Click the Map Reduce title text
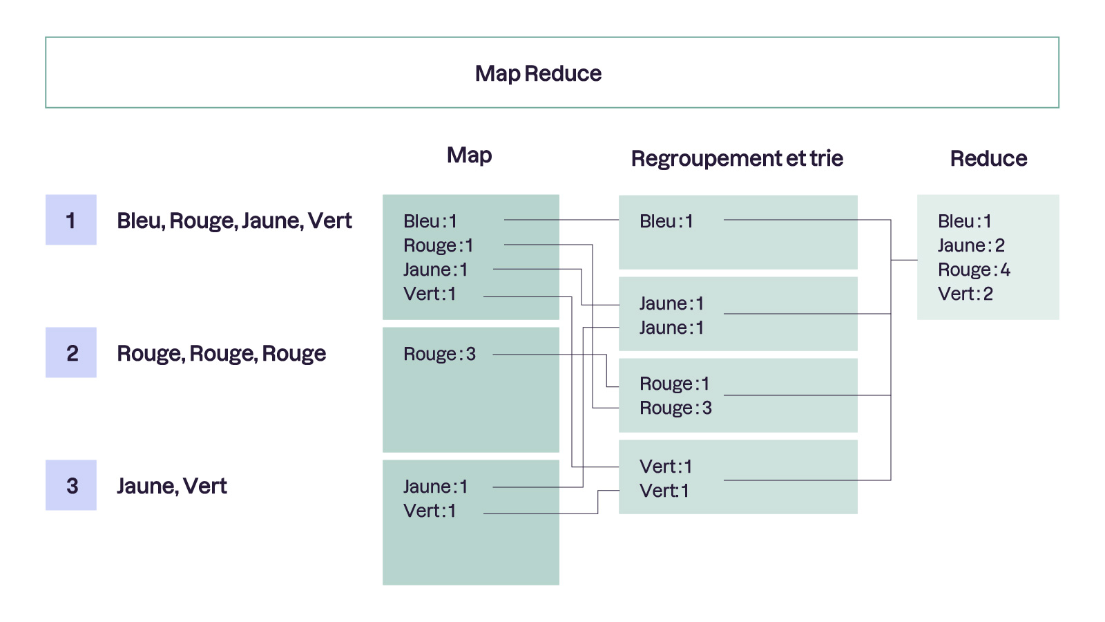[x=538, y=73]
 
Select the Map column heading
[x=469, y=155]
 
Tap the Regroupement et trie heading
[x=737, y=158]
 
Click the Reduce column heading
[x=988, y=158]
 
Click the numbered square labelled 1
[x=71, y=220]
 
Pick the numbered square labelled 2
[x=71, y=352]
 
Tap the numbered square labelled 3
[x=71, y=485]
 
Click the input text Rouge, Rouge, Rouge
[x=221, y=353]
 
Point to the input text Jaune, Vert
[x=171, y=486]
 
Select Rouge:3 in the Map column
[x=439, y=354]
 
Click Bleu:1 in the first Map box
[x=430, y=221]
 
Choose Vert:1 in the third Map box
[x=430, y=511]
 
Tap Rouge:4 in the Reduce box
[x=974, y=270]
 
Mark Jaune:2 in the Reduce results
[x=971, y=245]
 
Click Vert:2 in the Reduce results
[x=965, y=294]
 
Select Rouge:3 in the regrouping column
[x=675, y=408]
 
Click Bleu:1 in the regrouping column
[x=666, y=221]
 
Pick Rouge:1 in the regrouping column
[x=674, y=384]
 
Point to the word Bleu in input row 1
[x=139, y=220]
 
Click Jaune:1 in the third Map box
[x=435, y=487]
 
